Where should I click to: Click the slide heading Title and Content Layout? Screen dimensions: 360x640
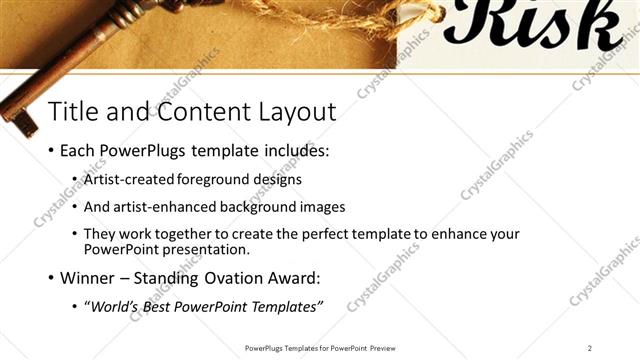192,110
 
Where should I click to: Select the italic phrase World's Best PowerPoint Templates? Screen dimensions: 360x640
206,305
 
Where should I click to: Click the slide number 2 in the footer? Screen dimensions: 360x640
590,347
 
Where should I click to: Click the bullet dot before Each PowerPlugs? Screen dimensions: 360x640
50,153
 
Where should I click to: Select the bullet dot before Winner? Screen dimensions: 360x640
50,278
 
